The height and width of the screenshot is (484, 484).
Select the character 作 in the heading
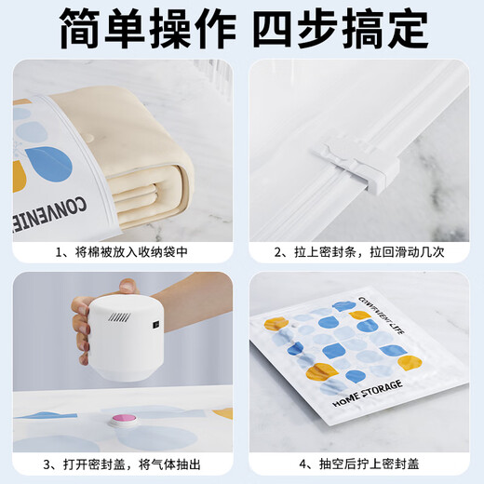(x=222, y=30)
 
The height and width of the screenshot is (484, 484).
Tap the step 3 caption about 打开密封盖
(x=120, y=463)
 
